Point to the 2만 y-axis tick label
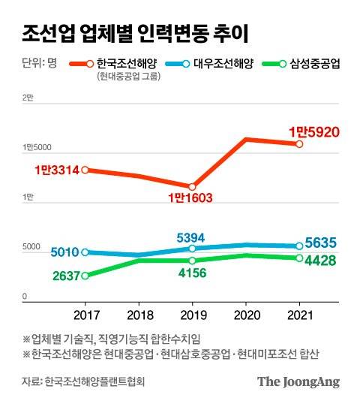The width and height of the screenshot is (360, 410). click(x=28, y=98)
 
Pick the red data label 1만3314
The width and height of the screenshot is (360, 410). click(x=56, y=170)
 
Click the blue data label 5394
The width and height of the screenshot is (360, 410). click(x=190, y=237)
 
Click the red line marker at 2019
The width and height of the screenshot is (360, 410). click(x=192, y=186)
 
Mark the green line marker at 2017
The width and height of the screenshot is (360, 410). click(x=85, y=276)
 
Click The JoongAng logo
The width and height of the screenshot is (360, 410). click(x=298, y=381)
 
